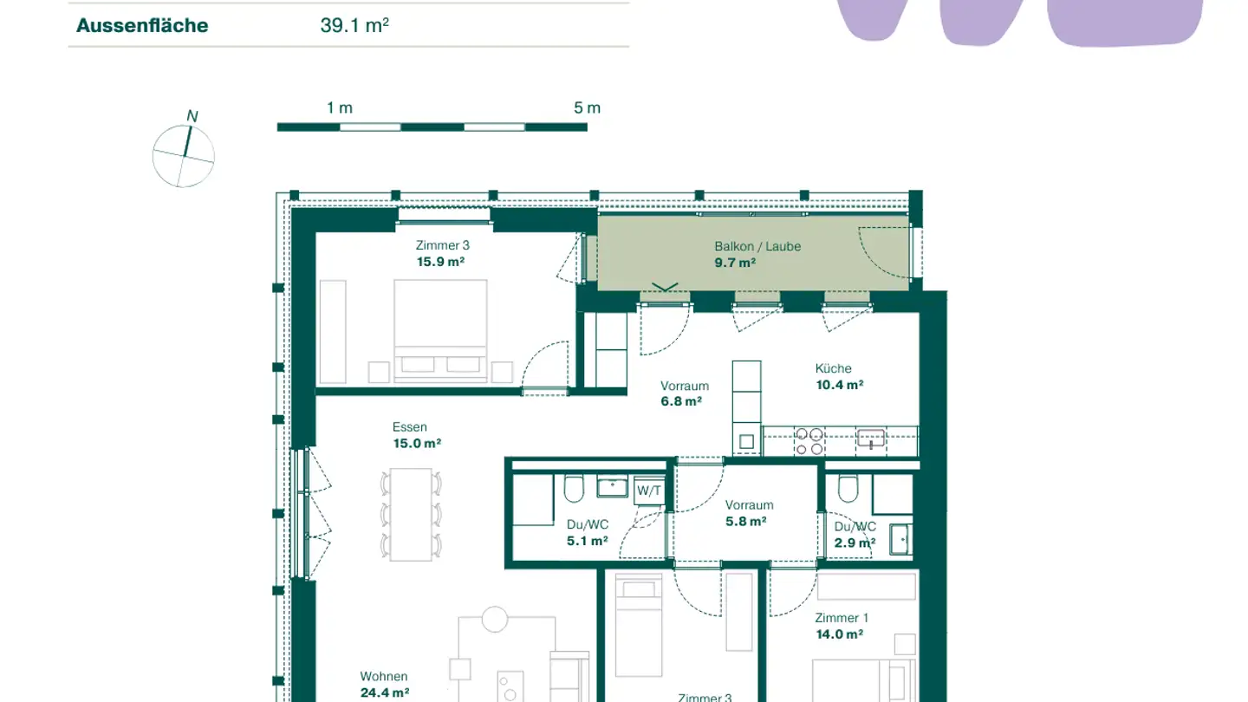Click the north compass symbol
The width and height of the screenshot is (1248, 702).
(x=184, y=156)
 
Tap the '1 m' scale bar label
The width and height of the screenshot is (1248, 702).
(x=340, y=108)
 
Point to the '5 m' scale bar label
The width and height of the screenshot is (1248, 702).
(x=587, y=108)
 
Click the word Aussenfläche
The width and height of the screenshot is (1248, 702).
(x=142, y=25)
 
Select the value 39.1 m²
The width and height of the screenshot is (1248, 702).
(x=354, y=25)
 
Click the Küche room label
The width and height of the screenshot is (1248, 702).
(x=833, y=368)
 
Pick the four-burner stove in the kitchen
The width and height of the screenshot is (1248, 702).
(x=809, y=441)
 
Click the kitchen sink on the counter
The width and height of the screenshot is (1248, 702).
(x=870, y=439)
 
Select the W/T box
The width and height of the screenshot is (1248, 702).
(x=649, y=491)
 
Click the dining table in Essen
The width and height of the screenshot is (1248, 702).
(x=410, y=514)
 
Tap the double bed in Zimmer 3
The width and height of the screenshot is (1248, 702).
(x=440, y=329)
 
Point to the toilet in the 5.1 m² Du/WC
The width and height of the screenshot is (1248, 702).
(x=574, y=490)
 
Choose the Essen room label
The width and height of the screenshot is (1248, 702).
(x=409, y=427)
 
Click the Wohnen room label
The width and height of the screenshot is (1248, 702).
(x=384, y=677)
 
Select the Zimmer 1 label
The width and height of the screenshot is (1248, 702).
(x=841, y=618)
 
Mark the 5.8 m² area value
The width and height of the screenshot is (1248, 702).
(x=745, y=522)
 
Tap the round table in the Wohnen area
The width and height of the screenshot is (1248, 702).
(x=495, y=619)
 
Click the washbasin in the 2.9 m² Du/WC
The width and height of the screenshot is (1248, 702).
(x=900, y=539)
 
